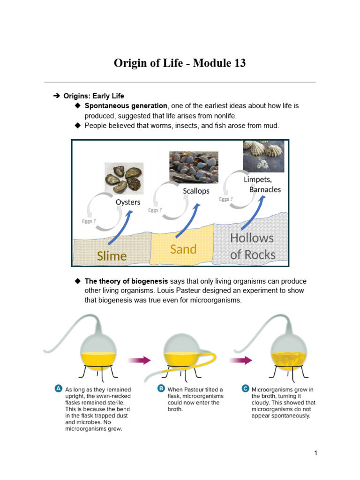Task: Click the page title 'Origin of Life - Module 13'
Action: [180, 63]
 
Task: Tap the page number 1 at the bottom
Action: [316, 453]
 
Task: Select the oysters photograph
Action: [124, 179]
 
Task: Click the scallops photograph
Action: [194, 167]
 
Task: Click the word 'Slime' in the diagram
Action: [112, 255]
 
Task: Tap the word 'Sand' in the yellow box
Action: [183, 249]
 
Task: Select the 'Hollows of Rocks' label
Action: [252, 246]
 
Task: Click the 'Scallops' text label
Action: [196, 191]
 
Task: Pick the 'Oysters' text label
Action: [128, 202]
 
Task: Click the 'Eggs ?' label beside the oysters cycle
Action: [89, 221]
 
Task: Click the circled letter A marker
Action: [58, 389]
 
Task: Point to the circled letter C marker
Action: [245, 389]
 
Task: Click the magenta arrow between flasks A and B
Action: [139, 360]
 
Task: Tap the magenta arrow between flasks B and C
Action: [240, 360]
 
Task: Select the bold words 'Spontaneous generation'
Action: [126, 106]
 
